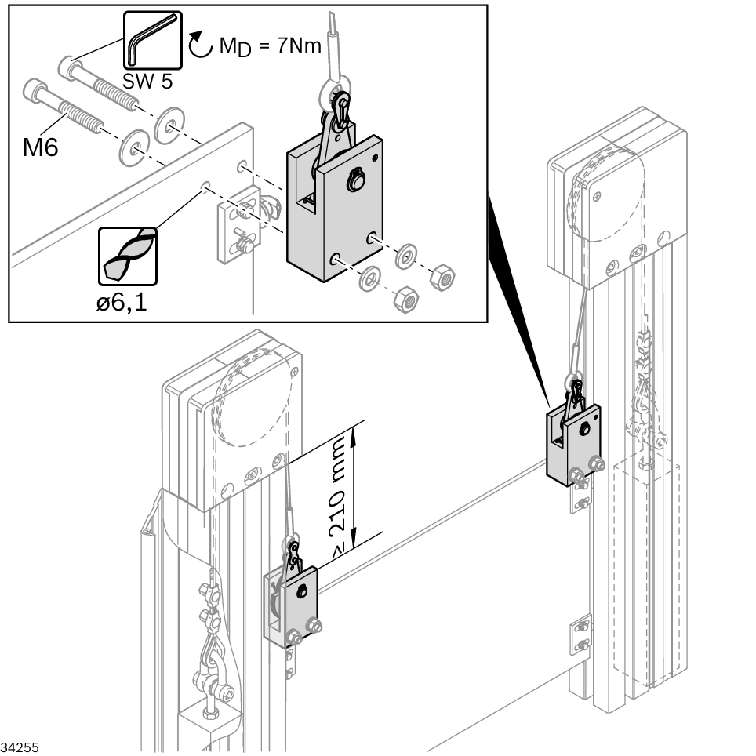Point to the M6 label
[41, 147]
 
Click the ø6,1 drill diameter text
[122, 303]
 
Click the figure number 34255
[20, 744]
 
